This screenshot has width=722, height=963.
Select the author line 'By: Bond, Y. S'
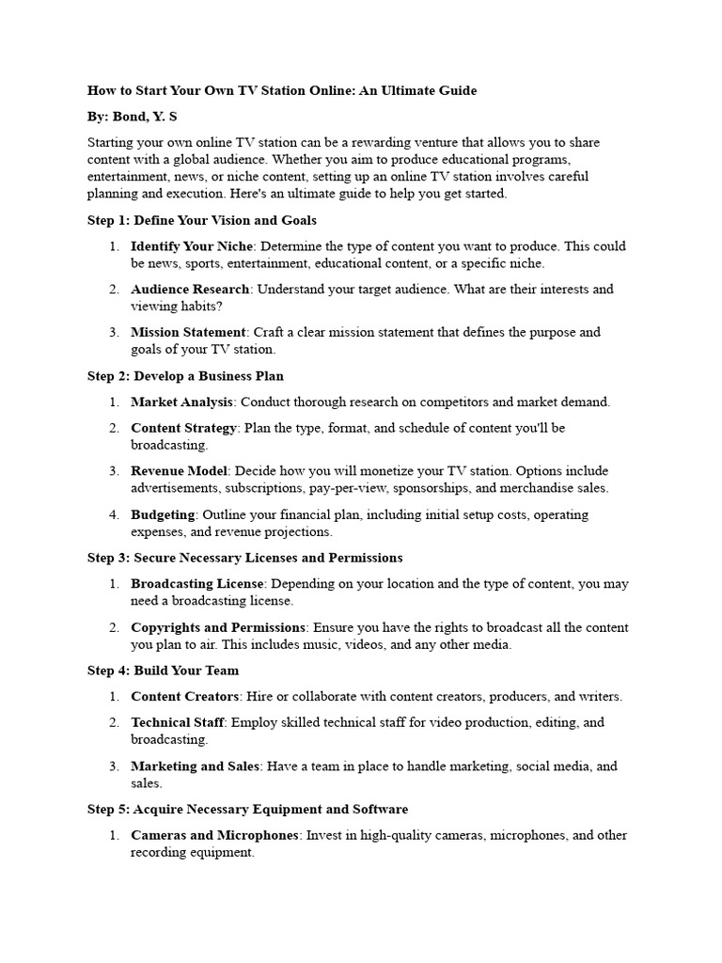click(133, 117)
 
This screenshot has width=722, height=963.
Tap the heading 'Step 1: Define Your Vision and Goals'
click(202, 221)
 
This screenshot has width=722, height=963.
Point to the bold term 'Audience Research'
click(190, 290)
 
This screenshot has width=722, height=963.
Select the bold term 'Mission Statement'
click(188, 333)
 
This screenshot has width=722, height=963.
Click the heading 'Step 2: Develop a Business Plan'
click(185, 376)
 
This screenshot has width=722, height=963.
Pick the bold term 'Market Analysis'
click(181, 403)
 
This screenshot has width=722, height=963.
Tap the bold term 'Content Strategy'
click(184, 428)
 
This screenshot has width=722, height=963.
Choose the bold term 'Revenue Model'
click(179, 471)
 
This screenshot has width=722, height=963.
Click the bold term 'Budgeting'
click(163, 515)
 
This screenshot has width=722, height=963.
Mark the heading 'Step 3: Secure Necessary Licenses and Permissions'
click(244, 558)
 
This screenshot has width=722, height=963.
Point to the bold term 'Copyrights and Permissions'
click(218, 627)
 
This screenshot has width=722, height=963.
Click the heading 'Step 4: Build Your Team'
click(163, 671)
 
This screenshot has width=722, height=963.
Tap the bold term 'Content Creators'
click(185, 697)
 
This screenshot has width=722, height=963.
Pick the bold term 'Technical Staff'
click(177, 722)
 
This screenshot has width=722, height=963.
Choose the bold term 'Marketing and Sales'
click(195, 766)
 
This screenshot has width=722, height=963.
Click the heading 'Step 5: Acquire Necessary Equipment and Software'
click(247, 809)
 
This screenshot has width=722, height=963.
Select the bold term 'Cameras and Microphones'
click(214, 835)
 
